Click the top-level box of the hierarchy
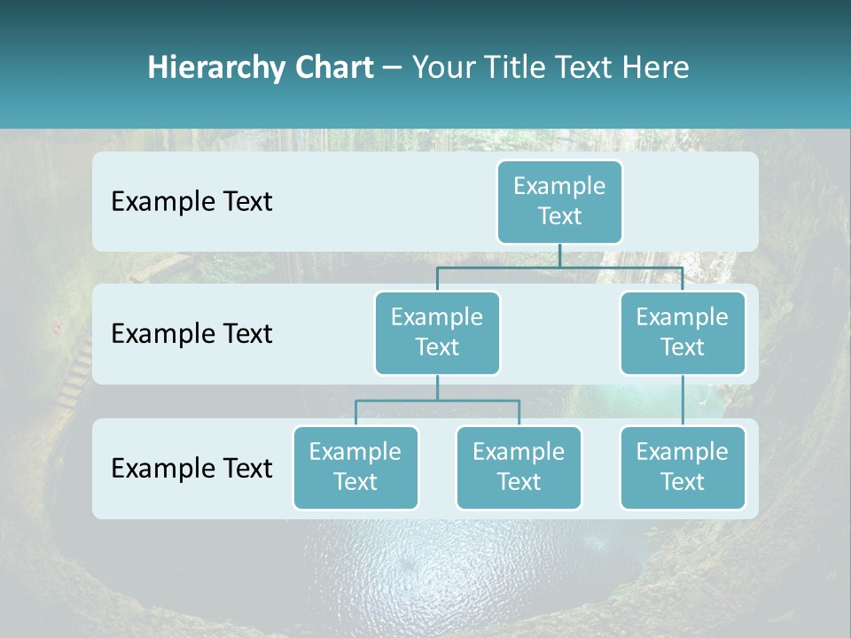pos(559,201)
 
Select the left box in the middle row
pos(437,332)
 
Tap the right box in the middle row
pos(682,332)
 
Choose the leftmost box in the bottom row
pos(355,467)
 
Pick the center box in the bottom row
pos(519,467)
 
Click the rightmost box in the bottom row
pos(682,467)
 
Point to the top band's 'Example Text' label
pos(191,201)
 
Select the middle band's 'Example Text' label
pos(191,333)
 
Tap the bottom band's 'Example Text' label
pos(191,468)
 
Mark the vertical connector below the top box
pos(559,255)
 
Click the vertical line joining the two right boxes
pos(682,400)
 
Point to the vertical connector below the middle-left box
pos(437,387)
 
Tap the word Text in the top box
pos(559,216)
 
